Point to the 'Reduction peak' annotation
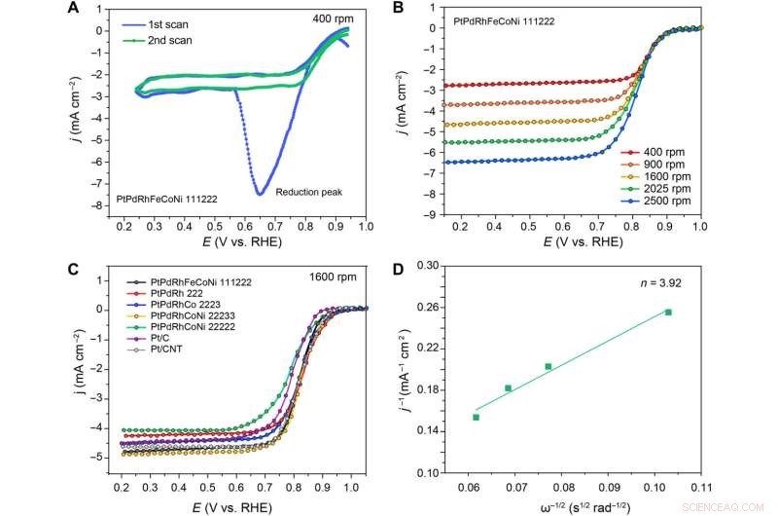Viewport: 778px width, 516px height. (304, 193)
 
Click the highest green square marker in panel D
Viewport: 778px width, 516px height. (668, 313)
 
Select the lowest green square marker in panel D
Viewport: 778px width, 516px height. (476, 417)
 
